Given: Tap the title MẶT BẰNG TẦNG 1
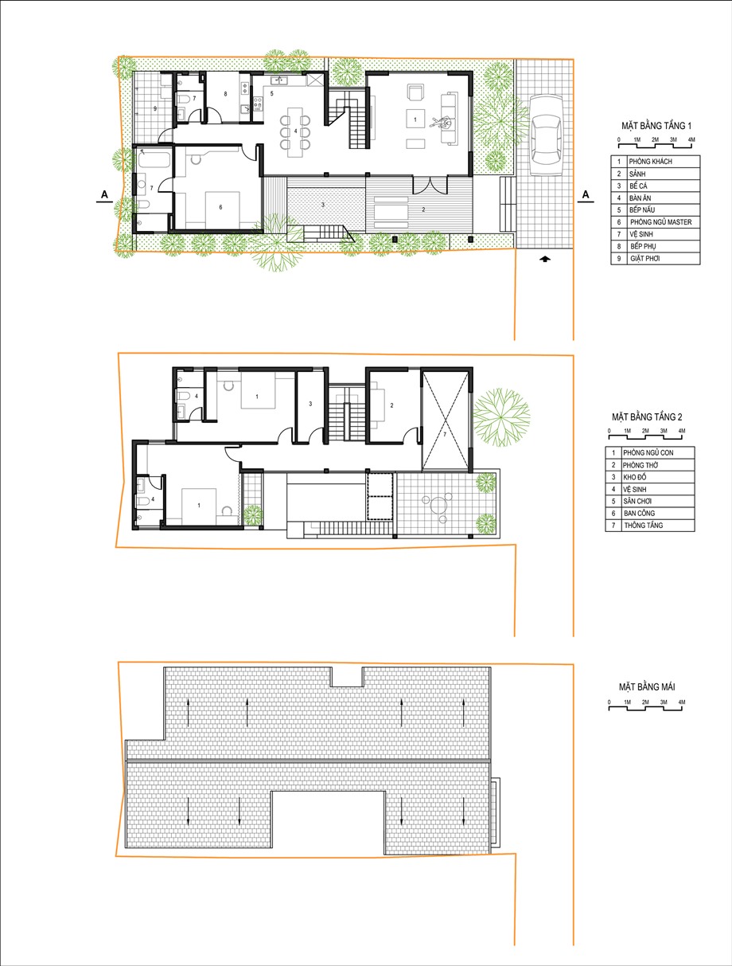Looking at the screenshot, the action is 656,126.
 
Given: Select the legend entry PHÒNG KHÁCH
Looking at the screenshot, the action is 650,162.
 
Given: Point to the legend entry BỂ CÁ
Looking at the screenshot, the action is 638,186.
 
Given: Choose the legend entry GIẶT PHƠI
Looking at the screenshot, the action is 644,258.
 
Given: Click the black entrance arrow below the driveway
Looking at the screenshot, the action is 545,259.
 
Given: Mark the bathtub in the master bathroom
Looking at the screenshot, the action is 154,159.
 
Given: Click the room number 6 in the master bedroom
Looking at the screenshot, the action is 220,207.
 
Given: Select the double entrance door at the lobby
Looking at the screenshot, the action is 430,185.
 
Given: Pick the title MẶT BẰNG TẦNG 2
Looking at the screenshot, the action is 647,417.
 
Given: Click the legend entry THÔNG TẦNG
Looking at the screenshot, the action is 643,525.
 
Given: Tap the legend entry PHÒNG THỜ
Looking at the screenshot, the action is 640,465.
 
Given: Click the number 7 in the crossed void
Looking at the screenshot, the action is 445,434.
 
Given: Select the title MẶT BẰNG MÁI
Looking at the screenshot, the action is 647,686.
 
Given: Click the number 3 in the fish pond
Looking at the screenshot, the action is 323,205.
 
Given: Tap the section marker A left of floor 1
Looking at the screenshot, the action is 104,194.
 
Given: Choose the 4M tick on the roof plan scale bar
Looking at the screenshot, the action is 682,702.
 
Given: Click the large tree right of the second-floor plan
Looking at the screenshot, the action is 501,417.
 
